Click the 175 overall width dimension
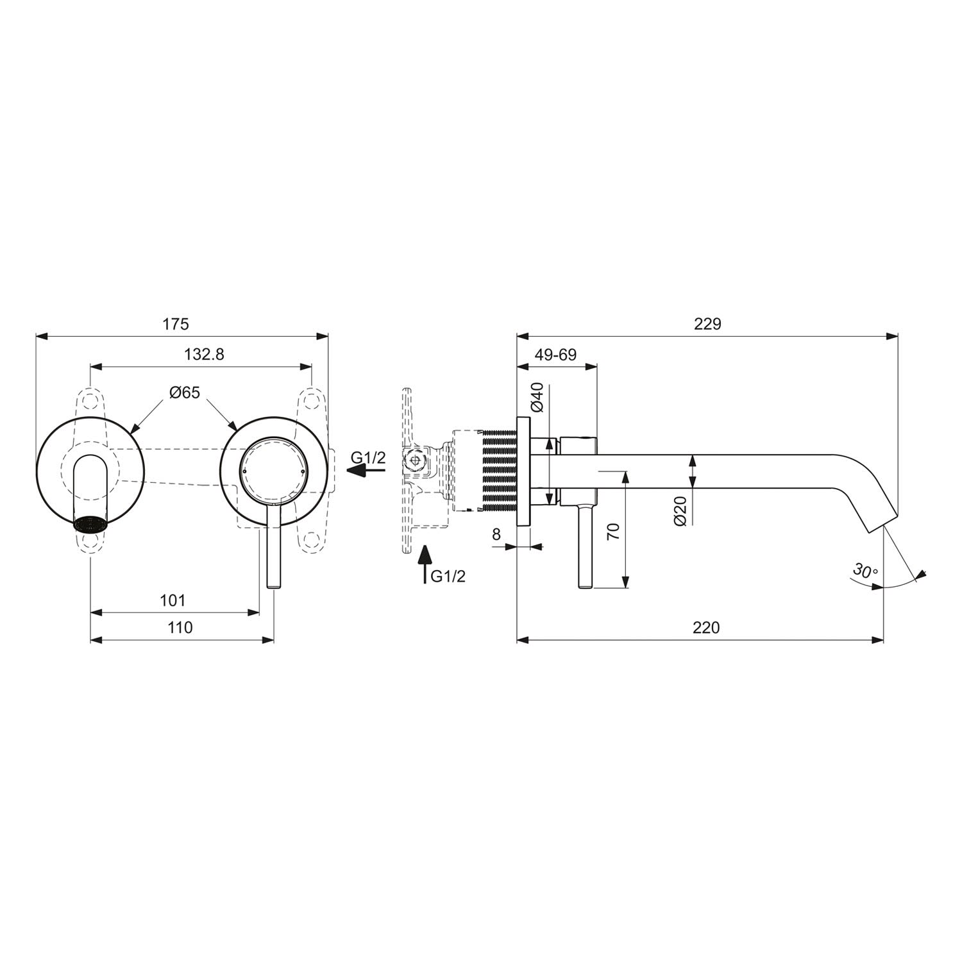coord(176,324)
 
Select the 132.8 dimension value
coord(204,354)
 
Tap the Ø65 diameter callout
coord(185,393)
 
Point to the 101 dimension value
coord(173,600)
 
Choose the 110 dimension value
coord(180,627)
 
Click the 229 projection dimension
coord(708,324)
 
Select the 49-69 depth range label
coord(556,355)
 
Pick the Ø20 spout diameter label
coord(680,511)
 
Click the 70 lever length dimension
coord(613,532)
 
